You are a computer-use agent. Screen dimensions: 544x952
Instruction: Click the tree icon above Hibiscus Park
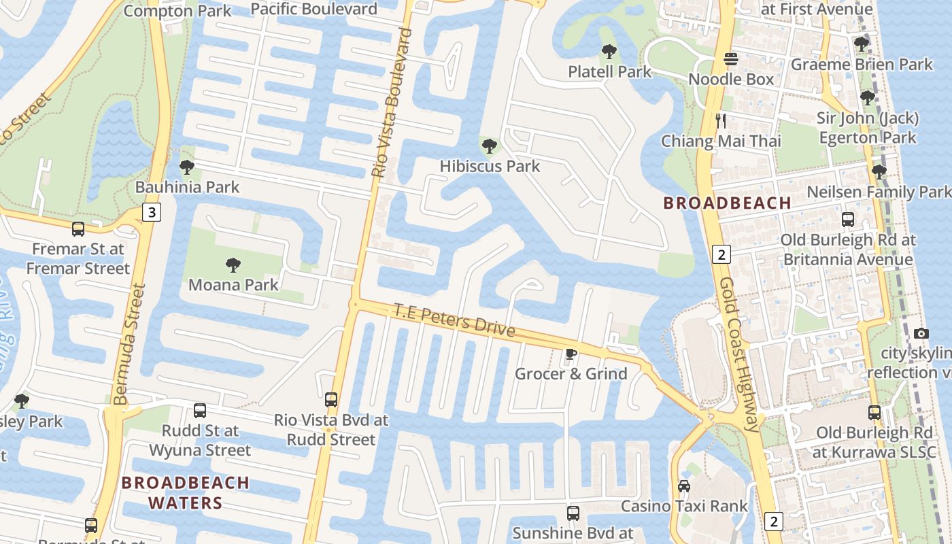click(489, 146)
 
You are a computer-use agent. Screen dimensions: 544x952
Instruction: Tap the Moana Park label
click(233, 284)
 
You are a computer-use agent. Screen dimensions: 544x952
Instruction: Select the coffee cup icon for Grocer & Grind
click(571, 354)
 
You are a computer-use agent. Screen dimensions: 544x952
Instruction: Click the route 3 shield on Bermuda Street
click(152, 213)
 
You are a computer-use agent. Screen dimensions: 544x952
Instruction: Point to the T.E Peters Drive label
click(454, 320)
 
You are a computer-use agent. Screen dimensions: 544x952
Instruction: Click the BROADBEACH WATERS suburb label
click(186, 492)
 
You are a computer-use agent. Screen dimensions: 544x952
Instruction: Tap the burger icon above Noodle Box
click(731, 59)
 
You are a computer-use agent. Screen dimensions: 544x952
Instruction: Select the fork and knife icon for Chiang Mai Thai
click(721, 121)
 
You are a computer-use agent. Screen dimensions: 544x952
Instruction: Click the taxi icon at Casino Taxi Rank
click(684, 486)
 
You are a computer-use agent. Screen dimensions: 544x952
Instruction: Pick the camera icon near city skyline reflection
click(921, 333)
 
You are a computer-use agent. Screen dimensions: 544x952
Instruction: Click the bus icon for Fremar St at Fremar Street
click(78, 228)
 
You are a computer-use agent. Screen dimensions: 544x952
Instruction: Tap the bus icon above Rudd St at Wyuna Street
click(199, 411)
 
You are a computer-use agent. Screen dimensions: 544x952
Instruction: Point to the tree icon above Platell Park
click(609, 51)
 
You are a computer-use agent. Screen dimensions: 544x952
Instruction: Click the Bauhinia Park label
click(187, 187)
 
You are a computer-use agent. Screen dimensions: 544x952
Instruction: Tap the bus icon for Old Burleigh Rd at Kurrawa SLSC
click(874, 412)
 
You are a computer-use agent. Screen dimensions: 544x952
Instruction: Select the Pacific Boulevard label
click(313, 9)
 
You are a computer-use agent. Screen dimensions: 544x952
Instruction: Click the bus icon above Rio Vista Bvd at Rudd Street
click(331, 400)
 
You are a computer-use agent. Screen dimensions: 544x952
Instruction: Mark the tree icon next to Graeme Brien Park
click(861, 44)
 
